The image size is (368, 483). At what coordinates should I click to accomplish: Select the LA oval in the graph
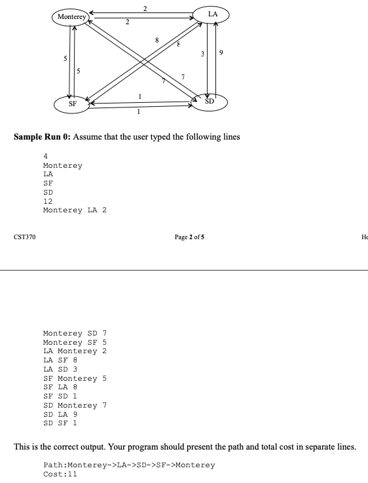click(212, 14)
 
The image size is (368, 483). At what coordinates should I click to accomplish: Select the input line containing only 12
click(48, 202)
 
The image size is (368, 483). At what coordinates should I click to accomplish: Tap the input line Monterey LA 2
click(75, 211)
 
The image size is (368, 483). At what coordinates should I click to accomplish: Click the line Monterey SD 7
click(75, 333)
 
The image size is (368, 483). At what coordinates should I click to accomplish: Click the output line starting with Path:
click(128, 465)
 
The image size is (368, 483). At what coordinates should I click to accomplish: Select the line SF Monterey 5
click(75, 378)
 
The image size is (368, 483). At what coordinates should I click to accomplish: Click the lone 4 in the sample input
click(45, 157)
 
